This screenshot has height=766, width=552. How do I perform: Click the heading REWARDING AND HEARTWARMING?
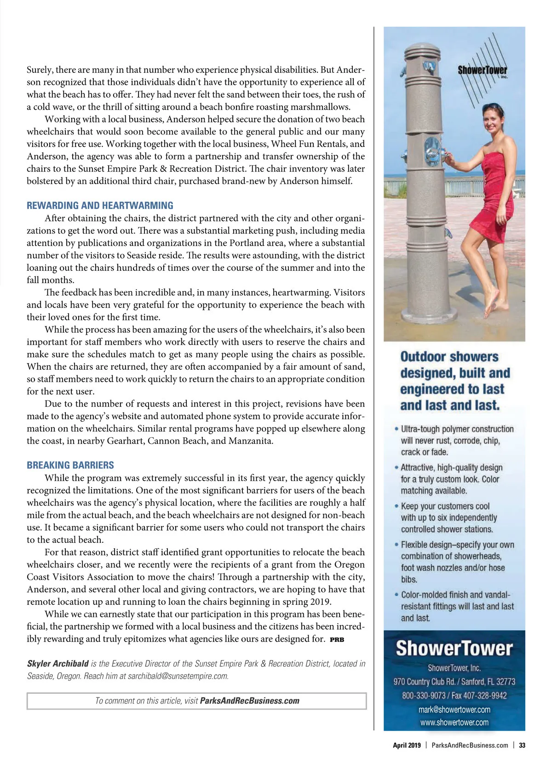point(100,206)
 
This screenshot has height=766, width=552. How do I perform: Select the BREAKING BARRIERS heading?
point(70,465)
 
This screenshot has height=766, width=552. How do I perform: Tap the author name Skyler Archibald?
point(58,664)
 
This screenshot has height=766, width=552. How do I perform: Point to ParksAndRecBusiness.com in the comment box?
point(250,701)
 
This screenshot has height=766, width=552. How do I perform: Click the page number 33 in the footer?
point(522,745)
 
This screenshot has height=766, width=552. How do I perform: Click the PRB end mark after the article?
point(337,639)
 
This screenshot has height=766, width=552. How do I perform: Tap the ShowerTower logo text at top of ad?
point(482,70)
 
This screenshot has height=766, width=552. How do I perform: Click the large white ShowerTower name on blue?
point(454,648)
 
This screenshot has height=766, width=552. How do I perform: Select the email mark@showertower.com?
point(454,709)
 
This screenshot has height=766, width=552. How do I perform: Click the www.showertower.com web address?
point(454,722)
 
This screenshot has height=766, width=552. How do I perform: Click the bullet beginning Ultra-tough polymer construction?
point(457,429)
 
